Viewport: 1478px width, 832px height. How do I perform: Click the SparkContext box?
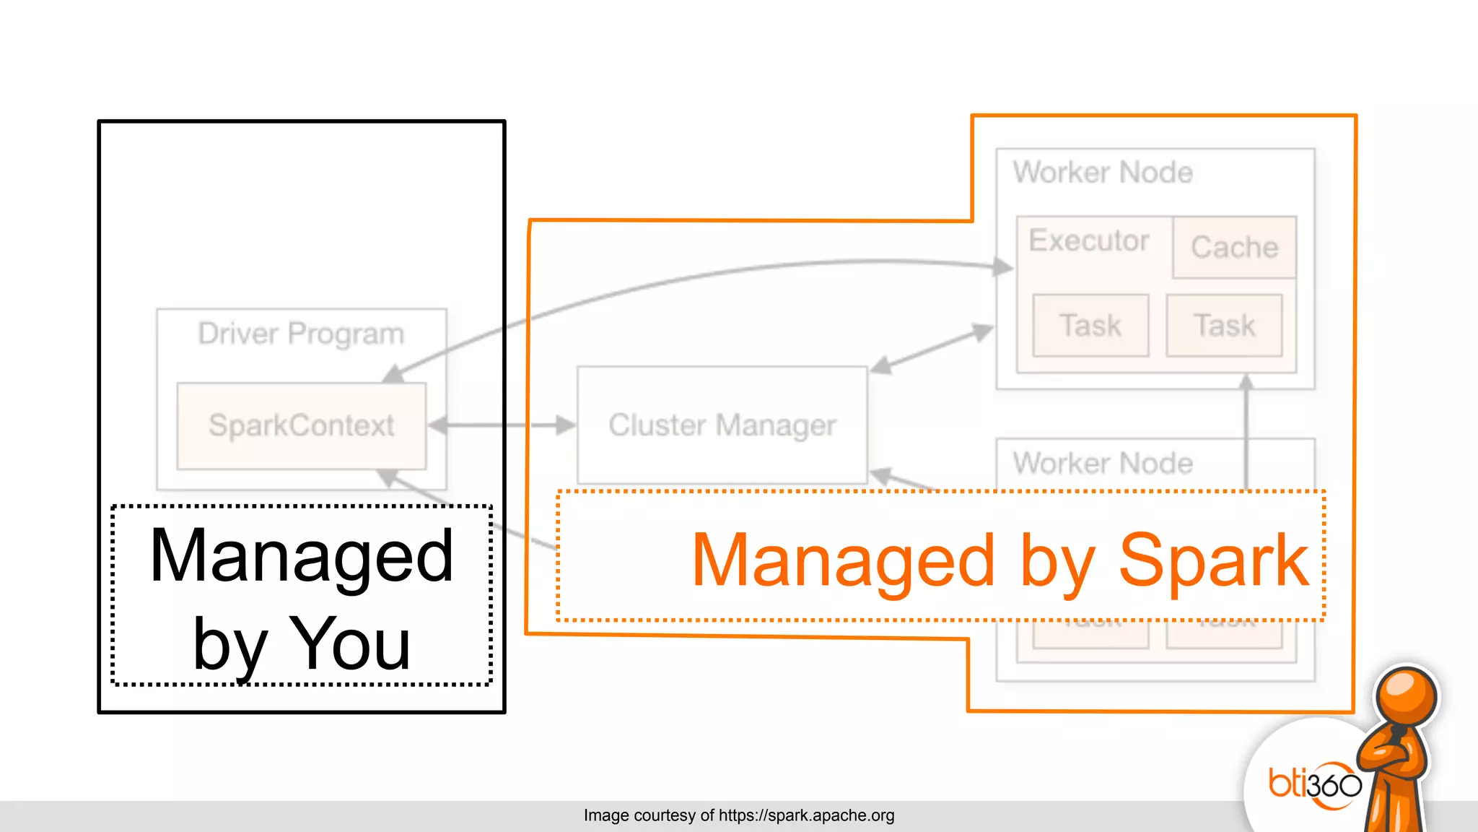(301, 425)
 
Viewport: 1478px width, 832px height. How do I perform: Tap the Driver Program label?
(301, 334)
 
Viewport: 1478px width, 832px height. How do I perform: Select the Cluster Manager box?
(722, 425)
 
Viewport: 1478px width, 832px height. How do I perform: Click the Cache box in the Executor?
(1234, 248)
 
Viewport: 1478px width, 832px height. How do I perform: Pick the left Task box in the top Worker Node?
(1090, 326)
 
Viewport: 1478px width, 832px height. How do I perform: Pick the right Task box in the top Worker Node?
(1224, 326)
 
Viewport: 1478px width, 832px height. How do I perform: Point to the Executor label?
(1088, 240)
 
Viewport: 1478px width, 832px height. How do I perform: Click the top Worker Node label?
(1103, 173)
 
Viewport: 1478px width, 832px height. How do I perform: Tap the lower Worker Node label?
(1103, 463)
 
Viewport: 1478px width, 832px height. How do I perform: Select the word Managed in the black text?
(301, 555)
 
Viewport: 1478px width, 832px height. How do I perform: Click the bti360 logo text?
(1315, 784)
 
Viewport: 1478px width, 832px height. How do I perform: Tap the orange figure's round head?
(1406, 696)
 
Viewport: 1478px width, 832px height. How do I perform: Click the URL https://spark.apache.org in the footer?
(806, 815)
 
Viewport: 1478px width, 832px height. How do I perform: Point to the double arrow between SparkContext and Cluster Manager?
(502, 425)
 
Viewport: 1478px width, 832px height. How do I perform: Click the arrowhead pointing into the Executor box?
(1003, 267)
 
